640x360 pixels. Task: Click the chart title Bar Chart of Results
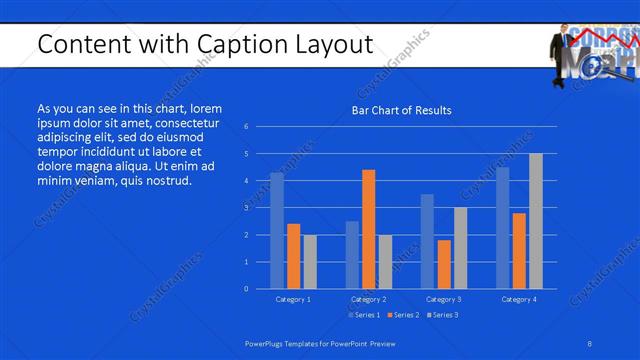coord(400,110)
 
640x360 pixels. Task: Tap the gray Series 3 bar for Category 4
coord(535,221)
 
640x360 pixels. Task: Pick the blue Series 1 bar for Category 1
coord(277,231)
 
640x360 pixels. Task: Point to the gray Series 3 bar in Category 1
coord(310,261)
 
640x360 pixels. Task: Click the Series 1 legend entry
coord(364,315)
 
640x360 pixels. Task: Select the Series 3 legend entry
coord(442,315)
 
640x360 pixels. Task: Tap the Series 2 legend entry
coord(403,315)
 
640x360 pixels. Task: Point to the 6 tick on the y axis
coord(247,127)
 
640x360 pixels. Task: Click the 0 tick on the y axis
coord(247,289)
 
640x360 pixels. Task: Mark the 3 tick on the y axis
coord(247,208)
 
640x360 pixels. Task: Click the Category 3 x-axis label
coord(444,299)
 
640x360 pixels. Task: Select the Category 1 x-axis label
coord(293,299)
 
